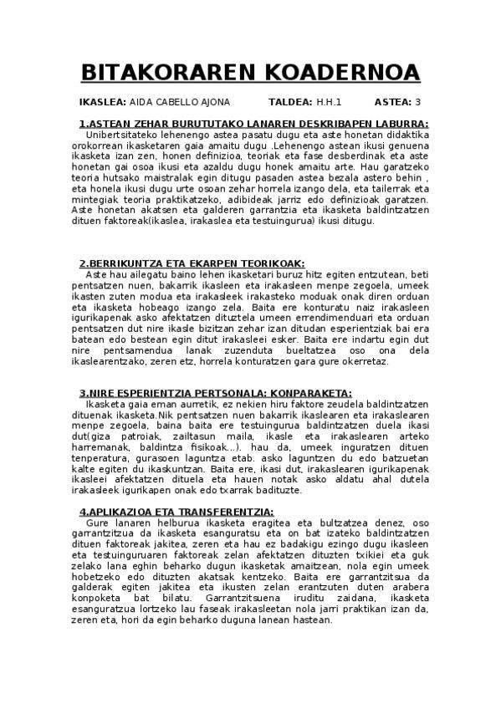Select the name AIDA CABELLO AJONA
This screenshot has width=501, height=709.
[x=180, y=103]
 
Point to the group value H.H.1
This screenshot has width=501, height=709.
[x=329, y=103]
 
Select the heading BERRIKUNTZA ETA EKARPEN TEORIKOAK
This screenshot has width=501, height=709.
[x=192, y=263]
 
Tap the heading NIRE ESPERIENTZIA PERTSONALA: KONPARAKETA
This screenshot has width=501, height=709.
[x=215, y=394]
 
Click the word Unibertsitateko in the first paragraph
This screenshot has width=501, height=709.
[x=127, y=135]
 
